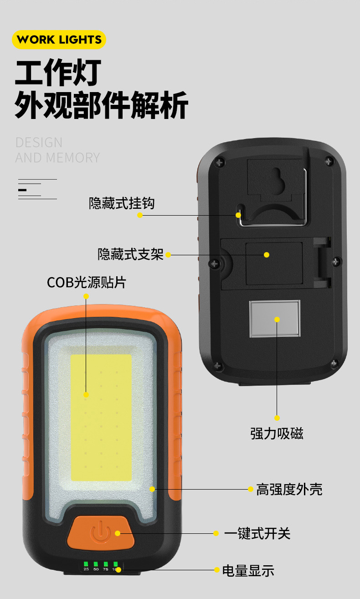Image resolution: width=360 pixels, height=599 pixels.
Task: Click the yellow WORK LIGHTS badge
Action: coord(59,39)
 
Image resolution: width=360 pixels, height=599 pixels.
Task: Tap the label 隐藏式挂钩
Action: coord(122,203)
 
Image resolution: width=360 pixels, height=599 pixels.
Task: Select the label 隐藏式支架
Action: coord(130,254)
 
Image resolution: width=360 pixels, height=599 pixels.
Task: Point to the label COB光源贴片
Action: coord(86,282)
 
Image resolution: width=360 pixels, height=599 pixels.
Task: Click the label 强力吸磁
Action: coord(277,433)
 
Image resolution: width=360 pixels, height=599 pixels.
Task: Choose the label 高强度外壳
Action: coord(289,489)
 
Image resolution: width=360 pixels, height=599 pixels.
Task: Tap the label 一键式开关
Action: coord(257,533)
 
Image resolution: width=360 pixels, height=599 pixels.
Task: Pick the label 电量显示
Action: coord(248,570)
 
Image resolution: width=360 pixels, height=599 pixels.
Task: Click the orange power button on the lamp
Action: coord(101,532)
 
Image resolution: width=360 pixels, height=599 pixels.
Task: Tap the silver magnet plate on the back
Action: coord(275,319)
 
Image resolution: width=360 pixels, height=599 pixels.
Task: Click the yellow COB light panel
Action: coord(101,417)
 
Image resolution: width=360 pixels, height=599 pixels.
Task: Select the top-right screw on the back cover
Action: coord(329,160)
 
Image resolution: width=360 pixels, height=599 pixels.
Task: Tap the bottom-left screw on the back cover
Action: coord(218,366)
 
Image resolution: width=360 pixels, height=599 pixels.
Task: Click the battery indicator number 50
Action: coord(96,569)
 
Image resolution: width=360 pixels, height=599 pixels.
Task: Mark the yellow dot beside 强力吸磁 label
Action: coord(277,418)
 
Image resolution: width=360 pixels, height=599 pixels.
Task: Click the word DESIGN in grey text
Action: coord(39,142)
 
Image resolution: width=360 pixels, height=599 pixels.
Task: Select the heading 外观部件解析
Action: coord(101,105)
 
